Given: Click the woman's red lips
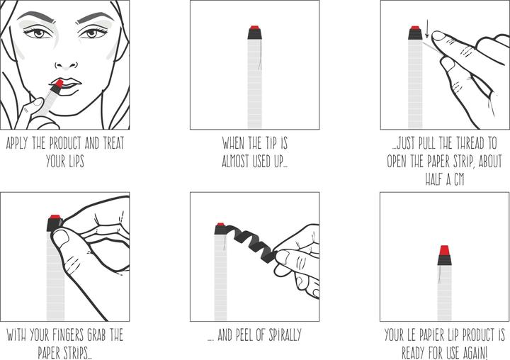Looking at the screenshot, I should pos(64,83).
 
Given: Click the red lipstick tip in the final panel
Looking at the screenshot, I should pos(444,250).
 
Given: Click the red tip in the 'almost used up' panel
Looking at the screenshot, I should pos(254,30).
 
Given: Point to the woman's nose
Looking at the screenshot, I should pos(64,57).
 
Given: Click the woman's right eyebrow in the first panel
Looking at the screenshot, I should pos(34,18).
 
